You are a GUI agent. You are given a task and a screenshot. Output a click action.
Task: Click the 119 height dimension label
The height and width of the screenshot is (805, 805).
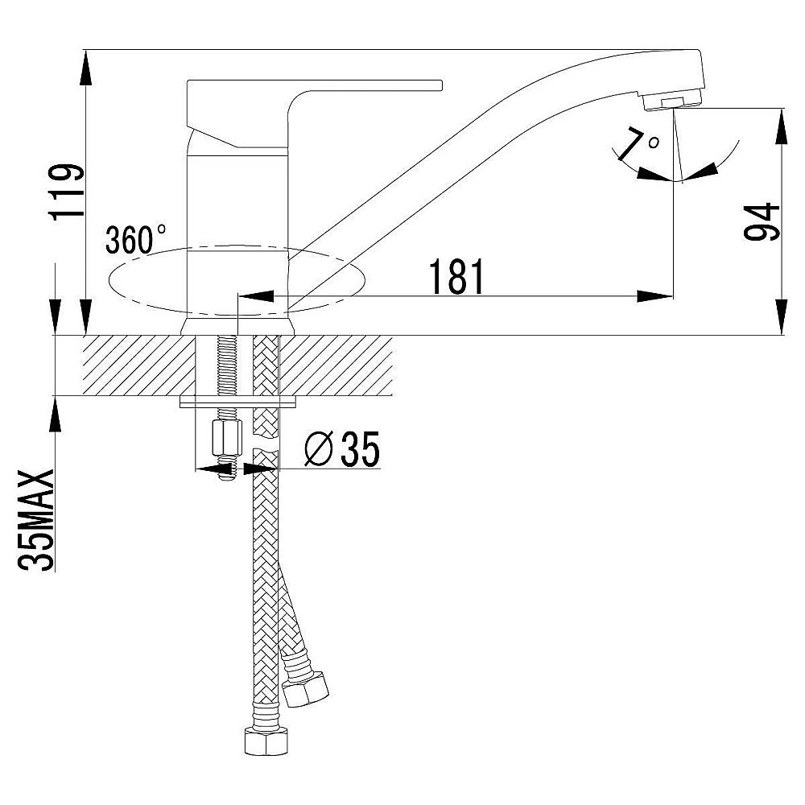66,191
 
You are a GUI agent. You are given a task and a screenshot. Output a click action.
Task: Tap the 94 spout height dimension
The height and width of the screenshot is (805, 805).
762,222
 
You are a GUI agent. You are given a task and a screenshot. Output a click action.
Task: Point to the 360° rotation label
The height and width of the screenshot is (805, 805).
135,239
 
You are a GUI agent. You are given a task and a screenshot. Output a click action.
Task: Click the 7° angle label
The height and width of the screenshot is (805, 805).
639,144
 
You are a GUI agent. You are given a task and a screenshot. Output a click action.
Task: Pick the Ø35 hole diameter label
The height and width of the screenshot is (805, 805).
342,448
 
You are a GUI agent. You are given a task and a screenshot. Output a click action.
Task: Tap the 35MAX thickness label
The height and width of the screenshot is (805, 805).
36,519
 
